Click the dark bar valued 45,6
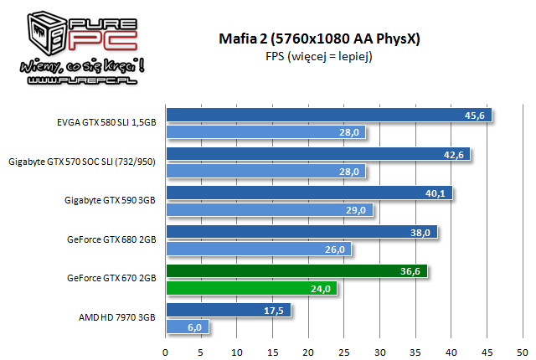pyautogui.click(x=328, y=116)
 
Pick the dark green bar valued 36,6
pyautogui.click(x=296, y=270)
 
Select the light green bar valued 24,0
pyautogui.click(x=252, y=288)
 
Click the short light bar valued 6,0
pyautogui.click(x=188, y=327)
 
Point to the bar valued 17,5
pyautogui.click(x=228, y=310)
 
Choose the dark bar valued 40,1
pyautogui.click(x=309, y=193)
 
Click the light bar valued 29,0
pyautogui.click(x=270, y=210)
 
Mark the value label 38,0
pyautogui.click(x=423, y=232)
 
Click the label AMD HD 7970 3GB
pyautogui.click(x=116, y=318)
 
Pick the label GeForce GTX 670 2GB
pyautogui.click(x=111, y=279)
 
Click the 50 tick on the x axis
pyautogui.click(x=523, y=351)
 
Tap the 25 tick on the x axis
pyautogui.click(x=344, y=351)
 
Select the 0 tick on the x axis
pyautogui.click(x=166, y=351)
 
